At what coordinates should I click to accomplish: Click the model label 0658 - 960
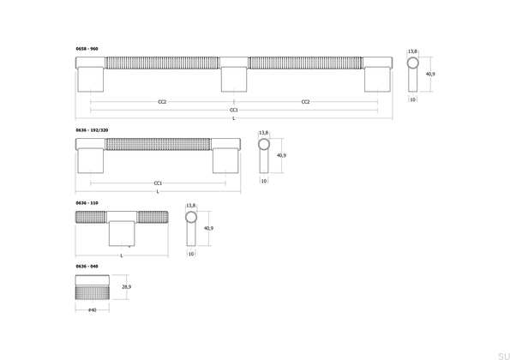coord(87,49)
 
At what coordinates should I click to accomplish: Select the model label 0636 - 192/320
coord(92,130)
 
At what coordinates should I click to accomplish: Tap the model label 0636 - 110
coord(87,203)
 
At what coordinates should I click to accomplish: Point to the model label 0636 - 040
coord(87,267)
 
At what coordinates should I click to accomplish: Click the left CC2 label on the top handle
coord(162,102)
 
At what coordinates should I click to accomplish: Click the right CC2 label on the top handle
coord(305,102)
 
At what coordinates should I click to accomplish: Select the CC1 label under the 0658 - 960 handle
coord(234,110)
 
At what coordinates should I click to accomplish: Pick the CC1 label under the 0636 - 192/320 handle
coord(158,183)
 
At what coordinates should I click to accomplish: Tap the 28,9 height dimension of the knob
coord(127,287)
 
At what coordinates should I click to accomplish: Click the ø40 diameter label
coord(93,310)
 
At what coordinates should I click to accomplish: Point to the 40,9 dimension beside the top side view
coord(430,75)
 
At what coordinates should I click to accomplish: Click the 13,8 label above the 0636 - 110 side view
coord(191,206)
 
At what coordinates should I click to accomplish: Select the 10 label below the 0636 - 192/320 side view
coord(264,181)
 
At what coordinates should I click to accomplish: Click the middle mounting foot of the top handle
coord(234,80)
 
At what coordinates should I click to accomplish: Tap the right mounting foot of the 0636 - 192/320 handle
coord(225,160)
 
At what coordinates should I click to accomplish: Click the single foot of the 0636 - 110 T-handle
coord(122,233)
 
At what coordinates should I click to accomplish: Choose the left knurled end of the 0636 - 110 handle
coord(91,217)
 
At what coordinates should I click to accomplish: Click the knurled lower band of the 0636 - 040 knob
coord(93,292)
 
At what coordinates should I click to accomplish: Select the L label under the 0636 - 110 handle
coord(122,255)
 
